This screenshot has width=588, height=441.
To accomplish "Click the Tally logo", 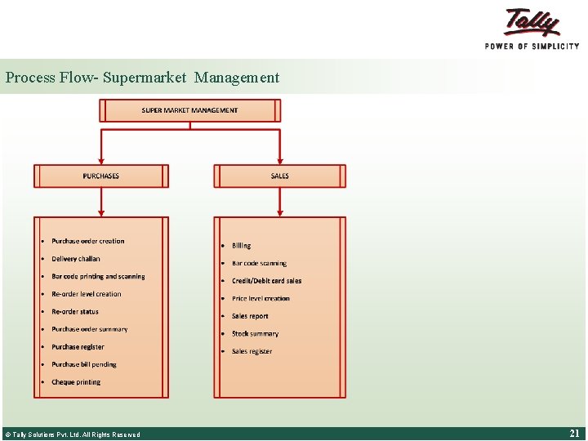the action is click(532, 22).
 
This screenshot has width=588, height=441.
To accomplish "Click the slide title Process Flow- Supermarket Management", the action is click(142, 78).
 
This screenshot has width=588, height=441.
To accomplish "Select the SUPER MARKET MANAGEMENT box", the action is click(189, 110).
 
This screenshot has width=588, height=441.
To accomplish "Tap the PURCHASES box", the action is click(101, 176).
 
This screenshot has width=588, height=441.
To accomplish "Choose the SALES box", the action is click(280, 176).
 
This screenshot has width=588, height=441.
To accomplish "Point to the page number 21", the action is click(574, 434).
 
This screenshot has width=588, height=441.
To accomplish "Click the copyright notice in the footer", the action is click(72, 434).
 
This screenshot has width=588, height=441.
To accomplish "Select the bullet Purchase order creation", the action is click(88, 241).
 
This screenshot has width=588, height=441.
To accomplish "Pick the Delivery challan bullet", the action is click(76, 259).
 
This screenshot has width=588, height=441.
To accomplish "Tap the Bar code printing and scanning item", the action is click(98, 277).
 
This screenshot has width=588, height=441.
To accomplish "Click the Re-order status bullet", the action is click(75, 312).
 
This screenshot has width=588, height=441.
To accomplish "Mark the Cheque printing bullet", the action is click(76, 382).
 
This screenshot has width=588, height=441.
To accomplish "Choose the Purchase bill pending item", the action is click(84, 365).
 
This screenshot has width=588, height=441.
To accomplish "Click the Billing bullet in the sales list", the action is click(242, 246).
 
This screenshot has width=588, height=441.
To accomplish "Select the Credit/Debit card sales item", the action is click(266, 281).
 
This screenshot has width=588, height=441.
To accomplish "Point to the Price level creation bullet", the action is click(261, 299).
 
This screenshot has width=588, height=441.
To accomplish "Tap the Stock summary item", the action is click(255, 334).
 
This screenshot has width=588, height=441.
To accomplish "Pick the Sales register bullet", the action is click(252, 352).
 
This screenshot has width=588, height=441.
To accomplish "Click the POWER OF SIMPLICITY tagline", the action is click(532, 47).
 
